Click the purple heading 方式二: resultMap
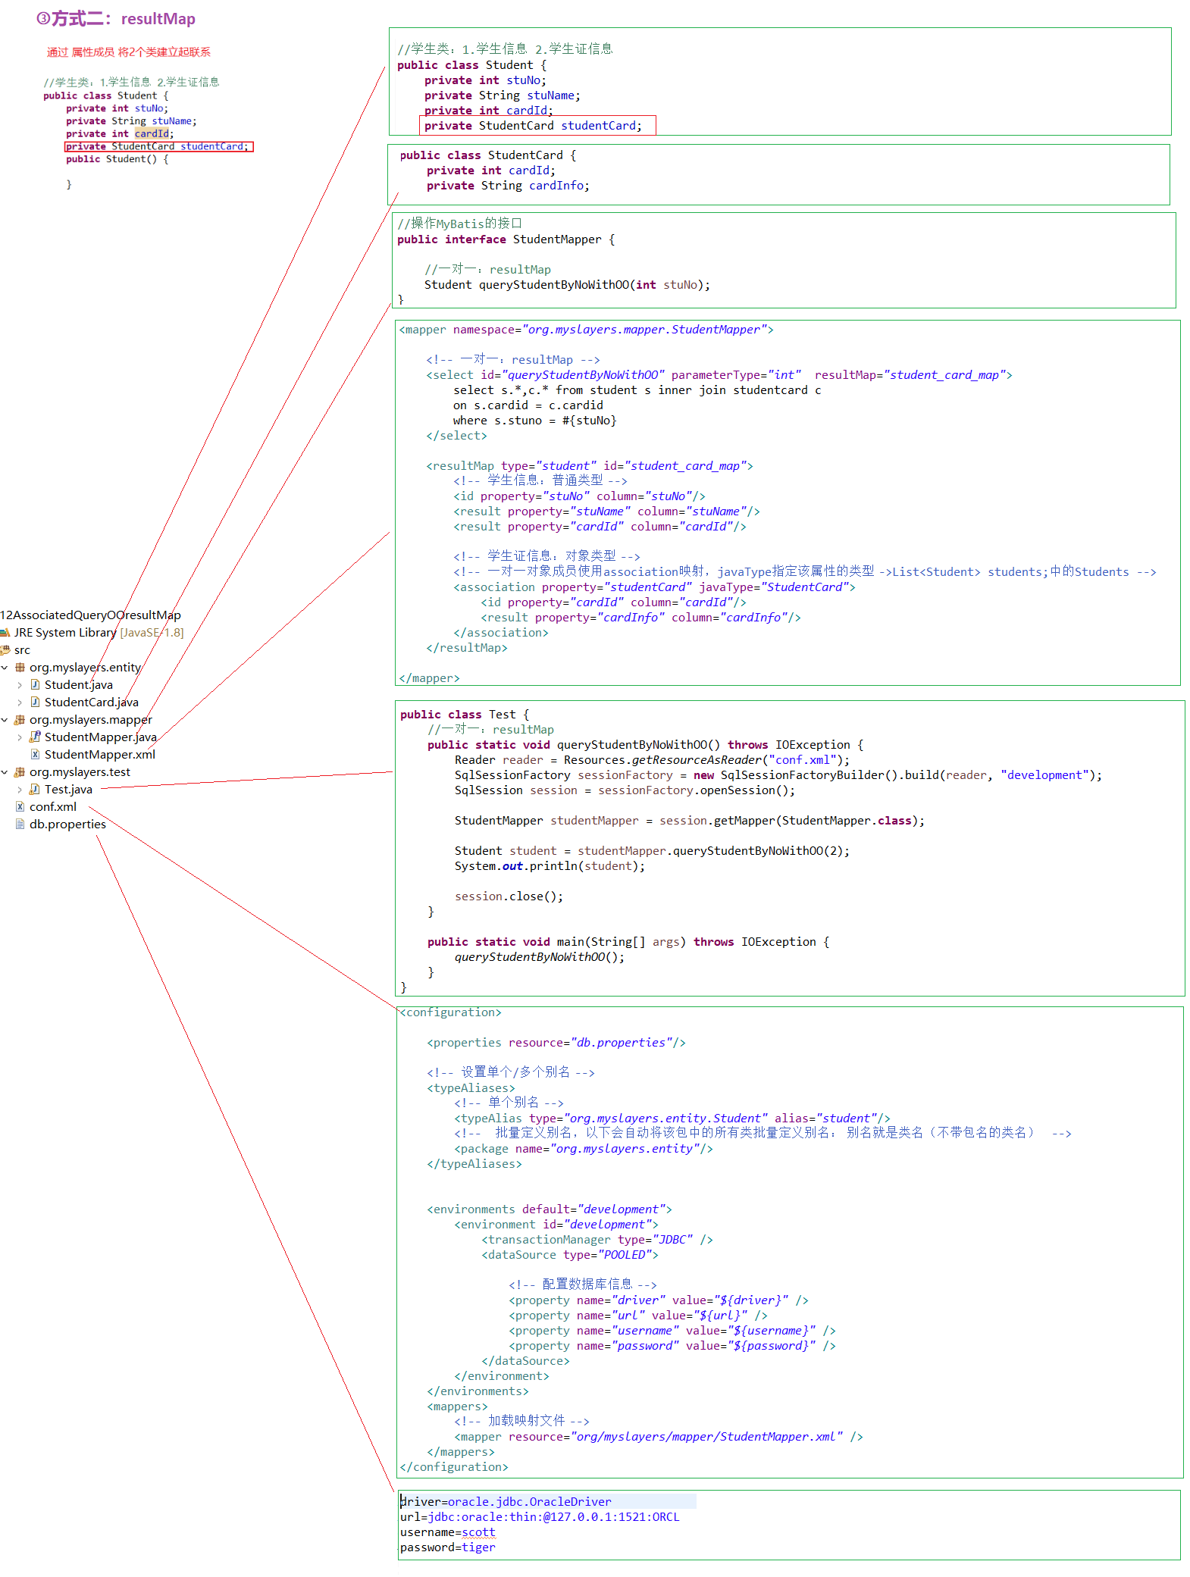point(116,19)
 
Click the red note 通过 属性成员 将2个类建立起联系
point(128,52)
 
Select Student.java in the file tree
point(78,685)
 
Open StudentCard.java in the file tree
point(91,702)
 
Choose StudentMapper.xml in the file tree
point(99,755)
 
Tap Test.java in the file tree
point(68,790)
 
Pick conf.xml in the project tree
point(52,807)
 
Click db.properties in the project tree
point(67,824)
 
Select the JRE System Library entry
point(65,633)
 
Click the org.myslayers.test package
point(80,772)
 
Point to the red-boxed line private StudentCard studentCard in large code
point(533,126)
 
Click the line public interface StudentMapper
point(506,239)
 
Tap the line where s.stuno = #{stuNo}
point(534,421)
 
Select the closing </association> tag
point(500,633)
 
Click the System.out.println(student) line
point(550,866)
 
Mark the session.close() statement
point(509,896)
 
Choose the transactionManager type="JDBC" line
point(597,1240)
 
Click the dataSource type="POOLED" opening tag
point(569,1255)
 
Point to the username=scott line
point(447,1532)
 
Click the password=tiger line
point(447,1547)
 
